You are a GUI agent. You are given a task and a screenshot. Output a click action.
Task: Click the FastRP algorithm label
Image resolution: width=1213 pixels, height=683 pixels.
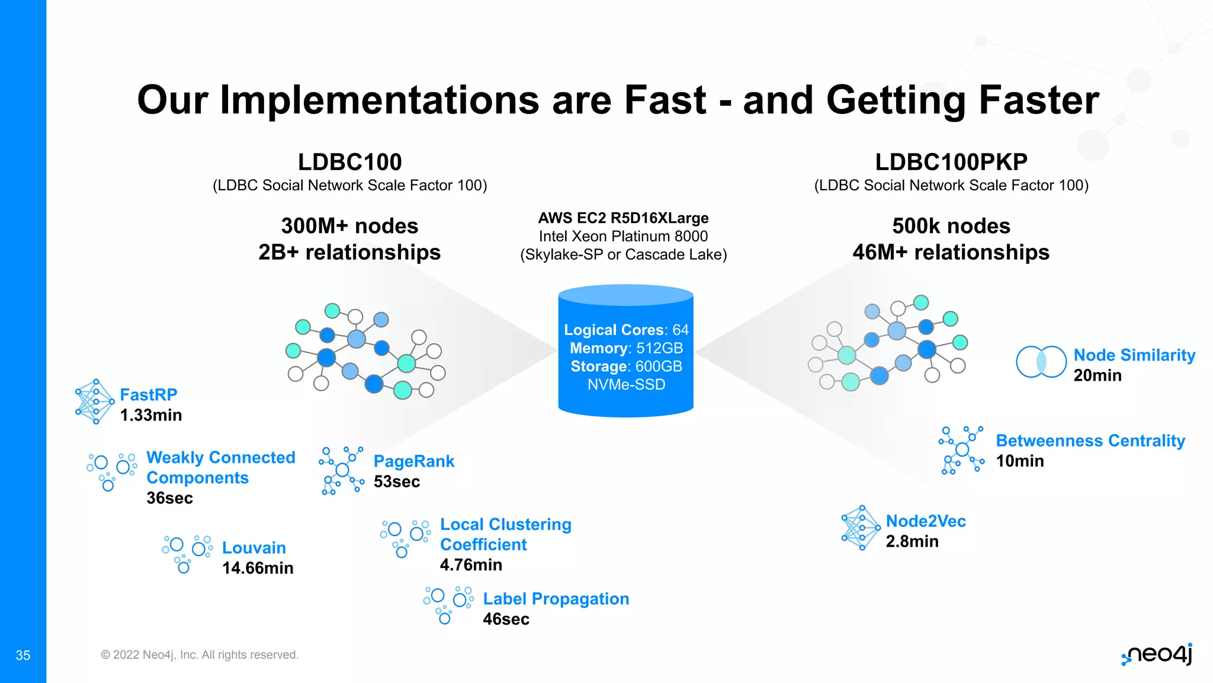(148, 395)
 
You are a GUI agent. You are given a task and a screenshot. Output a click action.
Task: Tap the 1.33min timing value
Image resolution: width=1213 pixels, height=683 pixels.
(150, 415)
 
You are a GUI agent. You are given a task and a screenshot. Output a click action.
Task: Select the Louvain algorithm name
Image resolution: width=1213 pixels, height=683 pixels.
(253, 548)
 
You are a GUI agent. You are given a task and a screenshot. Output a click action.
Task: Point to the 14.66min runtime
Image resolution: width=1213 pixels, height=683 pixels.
(258, 568)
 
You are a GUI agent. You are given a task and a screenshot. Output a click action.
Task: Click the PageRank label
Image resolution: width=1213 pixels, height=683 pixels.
(413, 461)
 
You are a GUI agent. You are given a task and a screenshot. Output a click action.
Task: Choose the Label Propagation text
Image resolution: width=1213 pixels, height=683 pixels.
(556, 599)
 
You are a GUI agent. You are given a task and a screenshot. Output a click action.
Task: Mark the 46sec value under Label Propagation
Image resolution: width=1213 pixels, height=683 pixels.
(506, 619)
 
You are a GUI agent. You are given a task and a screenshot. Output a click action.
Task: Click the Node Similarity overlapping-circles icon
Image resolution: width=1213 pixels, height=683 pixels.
(1041, 362)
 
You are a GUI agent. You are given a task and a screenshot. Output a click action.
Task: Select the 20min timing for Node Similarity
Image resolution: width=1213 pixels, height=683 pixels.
(1097, 375)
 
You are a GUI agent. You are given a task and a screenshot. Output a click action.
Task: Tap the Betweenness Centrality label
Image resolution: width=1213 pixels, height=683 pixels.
(1090, 441)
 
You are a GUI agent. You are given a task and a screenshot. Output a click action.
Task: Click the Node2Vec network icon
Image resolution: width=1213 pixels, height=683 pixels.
(861, 528)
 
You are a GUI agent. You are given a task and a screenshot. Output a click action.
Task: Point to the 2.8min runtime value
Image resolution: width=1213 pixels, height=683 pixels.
(912, 541)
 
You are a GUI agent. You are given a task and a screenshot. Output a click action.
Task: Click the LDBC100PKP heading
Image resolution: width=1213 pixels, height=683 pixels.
(951, 162)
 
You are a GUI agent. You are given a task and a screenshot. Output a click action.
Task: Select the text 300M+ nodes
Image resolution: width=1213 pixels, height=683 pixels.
(349, 226)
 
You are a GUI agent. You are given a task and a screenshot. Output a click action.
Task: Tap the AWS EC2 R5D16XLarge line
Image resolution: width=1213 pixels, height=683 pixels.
(623, 218)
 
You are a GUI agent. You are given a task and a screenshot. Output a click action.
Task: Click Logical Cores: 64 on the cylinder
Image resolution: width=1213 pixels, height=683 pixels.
(626, 330)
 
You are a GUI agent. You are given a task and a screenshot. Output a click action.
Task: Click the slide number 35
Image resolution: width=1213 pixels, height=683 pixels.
(23, 655)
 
